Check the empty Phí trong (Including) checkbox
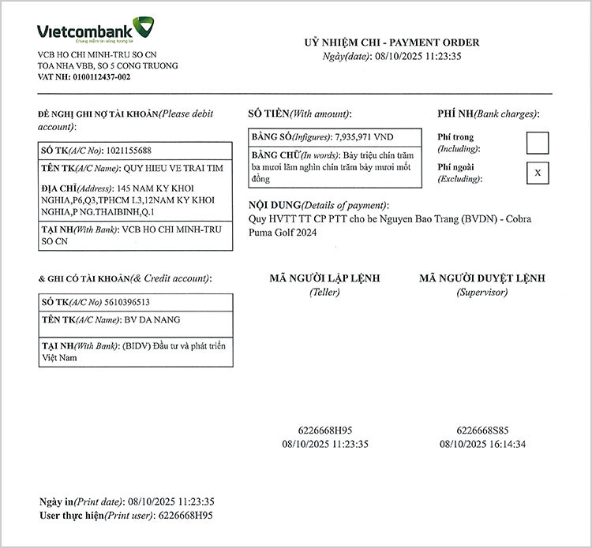(x=538, y=143)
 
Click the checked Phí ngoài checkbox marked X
(x=538, y=172)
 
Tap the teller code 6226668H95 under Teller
(x=325, y=431)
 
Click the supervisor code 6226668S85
(x=482, y=431)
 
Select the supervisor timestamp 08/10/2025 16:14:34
(x=482, y=444)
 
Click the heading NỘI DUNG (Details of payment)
(x=318, y=205)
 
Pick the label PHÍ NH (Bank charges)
(x=488, y=114)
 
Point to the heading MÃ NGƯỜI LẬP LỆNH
(x=324, y=278)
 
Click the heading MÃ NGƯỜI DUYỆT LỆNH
(x=481, y=278)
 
